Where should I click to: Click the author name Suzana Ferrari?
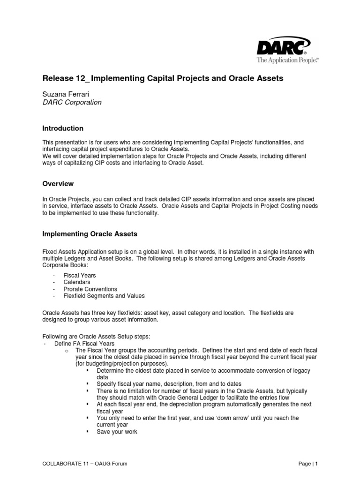(66, 94)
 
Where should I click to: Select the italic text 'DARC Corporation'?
(72, 102)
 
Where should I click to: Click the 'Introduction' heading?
(63, 128)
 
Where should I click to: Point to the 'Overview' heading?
(58, 184)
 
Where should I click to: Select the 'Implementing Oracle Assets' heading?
(90, 233)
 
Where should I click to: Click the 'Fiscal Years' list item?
(79, 276)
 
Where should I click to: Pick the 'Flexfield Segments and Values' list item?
(104, 296)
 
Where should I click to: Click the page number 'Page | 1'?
(308, 464)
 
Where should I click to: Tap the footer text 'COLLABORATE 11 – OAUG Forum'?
(85, 464)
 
